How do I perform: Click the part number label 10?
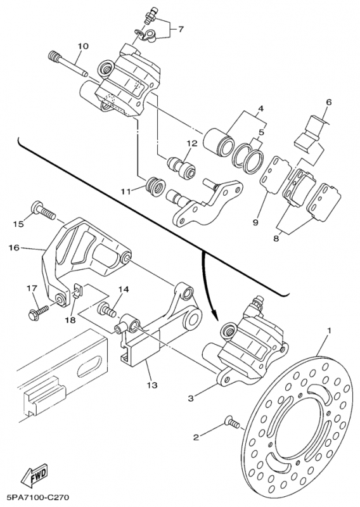pyautogui.click(x=83, y=46)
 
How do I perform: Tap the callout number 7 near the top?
pyautogui.click(x=181, y=29)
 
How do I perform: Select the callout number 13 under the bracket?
pyautogui.click(x=152, y=385)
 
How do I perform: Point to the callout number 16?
pyautogui.click(x=15, y=248)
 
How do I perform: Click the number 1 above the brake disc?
pyautogui.click(x=329, y=331)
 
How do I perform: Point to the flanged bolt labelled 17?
pyautogui.click(x=39, y=311)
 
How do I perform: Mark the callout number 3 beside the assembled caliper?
pyautogui.click(x=191, y=399)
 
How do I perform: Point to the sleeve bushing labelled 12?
pyautogui.click(x=181, y=165)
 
